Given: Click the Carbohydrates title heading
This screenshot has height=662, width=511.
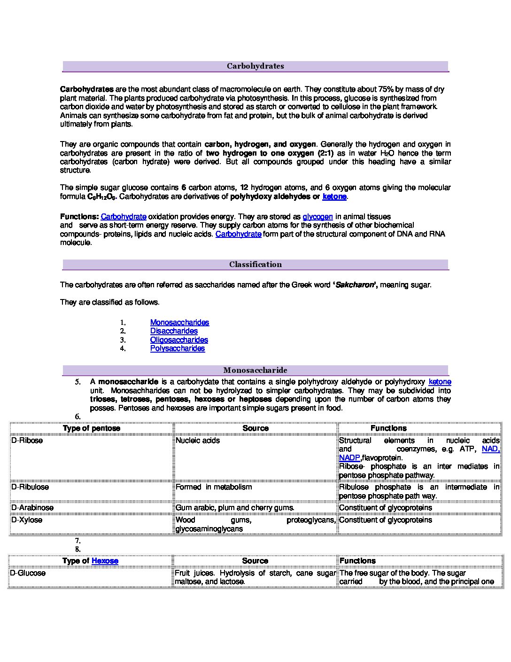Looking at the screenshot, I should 255,66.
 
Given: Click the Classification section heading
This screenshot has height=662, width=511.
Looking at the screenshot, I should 255,265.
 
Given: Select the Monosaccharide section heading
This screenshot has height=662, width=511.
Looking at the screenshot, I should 255,370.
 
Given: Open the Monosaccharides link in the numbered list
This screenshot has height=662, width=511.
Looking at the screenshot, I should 179,323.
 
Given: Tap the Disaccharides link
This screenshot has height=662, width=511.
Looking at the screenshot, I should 174,331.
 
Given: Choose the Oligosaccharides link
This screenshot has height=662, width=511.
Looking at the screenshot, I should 179,340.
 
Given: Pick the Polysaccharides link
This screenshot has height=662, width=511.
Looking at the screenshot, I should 178,348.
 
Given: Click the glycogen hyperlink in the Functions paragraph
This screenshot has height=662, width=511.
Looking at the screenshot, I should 317,217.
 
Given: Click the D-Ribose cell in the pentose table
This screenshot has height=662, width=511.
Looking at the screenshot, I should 27,441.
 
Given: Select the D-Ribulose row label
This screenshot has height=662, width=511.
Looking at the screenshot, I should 30,487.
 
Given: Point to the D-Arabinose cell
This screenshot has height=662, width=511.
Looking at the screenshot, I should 32,508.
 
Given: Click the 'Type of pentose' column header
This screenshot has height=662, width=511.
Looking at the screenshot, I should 92,428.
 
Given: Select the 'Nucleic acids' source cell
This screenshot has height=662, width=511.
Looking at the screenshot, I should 198,441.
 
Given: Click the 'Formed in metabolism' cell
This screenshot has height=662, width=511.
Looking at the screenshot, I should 214,487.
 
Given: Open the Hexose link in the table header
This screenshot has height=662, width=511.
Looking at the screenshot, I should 105,561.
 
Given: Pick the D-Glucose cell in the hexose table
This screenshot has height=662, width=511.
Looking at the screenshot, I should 28,573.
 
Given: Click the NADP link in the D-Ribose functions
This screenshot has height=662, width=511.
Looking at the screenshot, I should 349,458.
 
